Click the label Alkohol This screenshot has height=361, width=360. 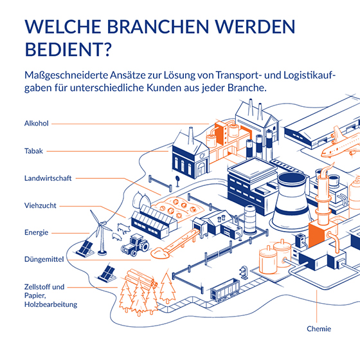tap(37, 124)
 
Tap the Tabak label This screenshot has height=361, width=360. tap(33, 151)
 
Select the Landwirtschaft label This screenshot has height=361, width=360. tap(48, 178)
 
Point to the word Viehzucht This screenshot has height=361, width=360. tap(40, 205)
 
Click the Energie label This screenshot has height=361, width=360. tap(37, 232)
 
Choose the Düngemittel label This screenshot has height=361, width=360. tap(44, 259)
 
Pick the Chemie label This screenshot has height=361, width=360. tap(319, 329)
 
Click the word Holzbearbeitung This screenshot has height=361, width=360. tap(51, 304)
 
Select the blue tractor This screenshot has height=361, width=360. tap(135, 245)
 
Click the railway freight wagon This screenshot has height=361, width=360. tap(225, 290)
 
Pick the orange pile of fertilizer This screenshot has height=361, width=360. tap(160, 254)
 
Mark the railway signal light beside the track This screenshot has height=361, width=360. tap(244, 272)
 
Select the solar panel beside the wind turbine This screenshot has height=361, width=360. tap(85, 248)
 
